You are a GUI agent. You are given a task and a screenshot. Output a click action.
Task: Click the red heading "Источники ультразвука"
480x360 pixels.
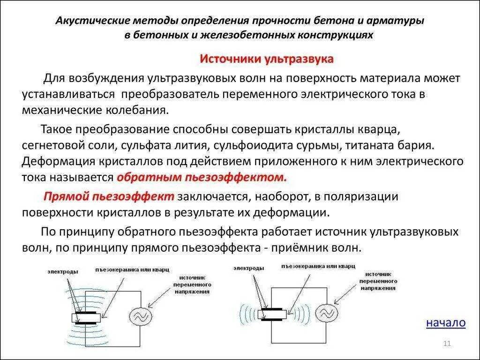coord(267,59)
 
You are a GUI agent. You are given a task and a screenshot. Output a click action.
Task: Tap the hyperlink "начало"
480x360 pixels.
coord(446,322)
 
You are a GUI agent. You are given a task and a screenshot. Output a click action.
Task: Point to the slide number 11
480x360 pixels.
coord(446,345)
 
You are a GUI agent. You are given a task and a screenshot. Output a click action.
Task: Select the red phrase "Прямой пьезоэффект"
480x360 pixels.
coord(109,196)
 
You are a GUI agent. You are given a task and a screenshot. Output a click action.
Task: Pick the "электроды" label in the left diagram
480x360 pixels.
coord(62,271)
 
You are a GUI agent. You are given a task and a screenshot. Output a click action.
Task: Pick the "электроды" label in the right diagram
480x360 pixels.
coord(248,268)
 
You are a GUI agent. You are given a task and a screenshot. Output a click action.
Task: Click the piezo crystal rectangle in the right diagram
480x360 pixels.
coord(272,313)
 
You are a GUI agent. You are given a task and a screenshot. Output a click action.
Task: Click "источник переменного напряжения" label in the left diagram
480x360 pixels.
coord(192,284)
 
